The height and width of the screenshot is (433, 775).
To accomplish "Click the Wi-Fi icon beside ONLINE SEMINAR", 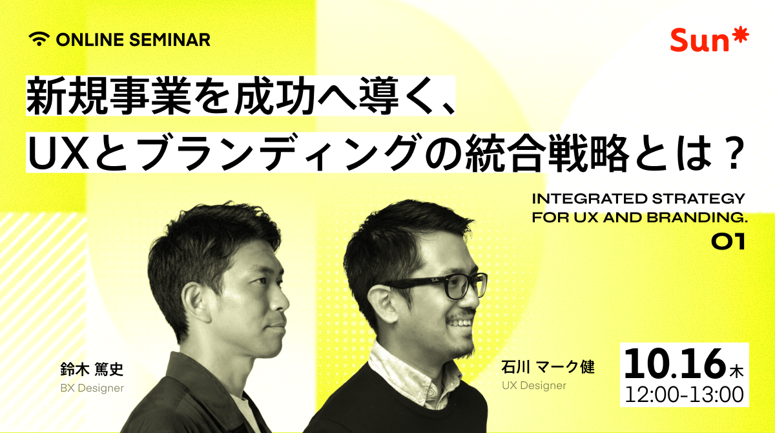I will pos(39,39).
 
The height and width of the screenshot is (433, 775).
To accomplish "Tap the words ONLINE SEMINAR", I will pos(133,39).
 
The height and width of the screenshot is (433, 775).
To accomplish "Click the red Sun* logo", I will pos(709,41).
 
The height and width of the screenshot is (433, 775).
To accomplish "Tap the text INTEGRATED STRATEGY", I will pos(638,198).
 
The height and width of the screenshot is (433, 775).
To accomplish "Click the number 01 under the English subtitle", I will pos(728,242).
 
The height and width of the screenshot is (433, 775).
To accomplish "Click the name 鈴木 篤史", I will pos(90,370).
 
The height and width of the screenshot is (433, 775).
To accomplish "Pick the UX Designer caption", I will pos(533,386).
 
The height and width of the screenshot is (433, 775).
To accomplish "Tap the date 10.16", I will pos(674,364).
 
